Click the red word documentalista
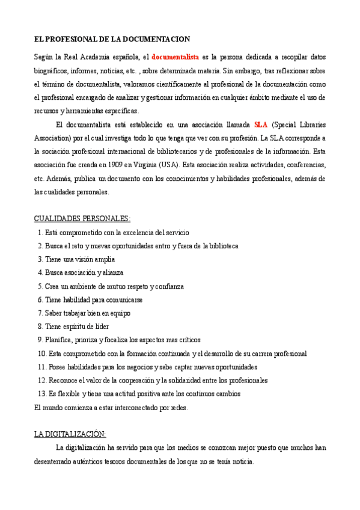point(175,57)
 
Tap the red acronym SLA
point(261,125)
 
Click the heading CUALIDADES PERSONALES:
point(82,218)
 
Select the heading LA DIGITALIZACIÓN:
point(70,434)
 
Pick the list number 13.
point(41,394)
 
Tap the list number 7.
point(40,313)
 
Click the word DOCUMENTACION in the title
point(156,39)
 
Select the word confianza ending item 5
point(169,286)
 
